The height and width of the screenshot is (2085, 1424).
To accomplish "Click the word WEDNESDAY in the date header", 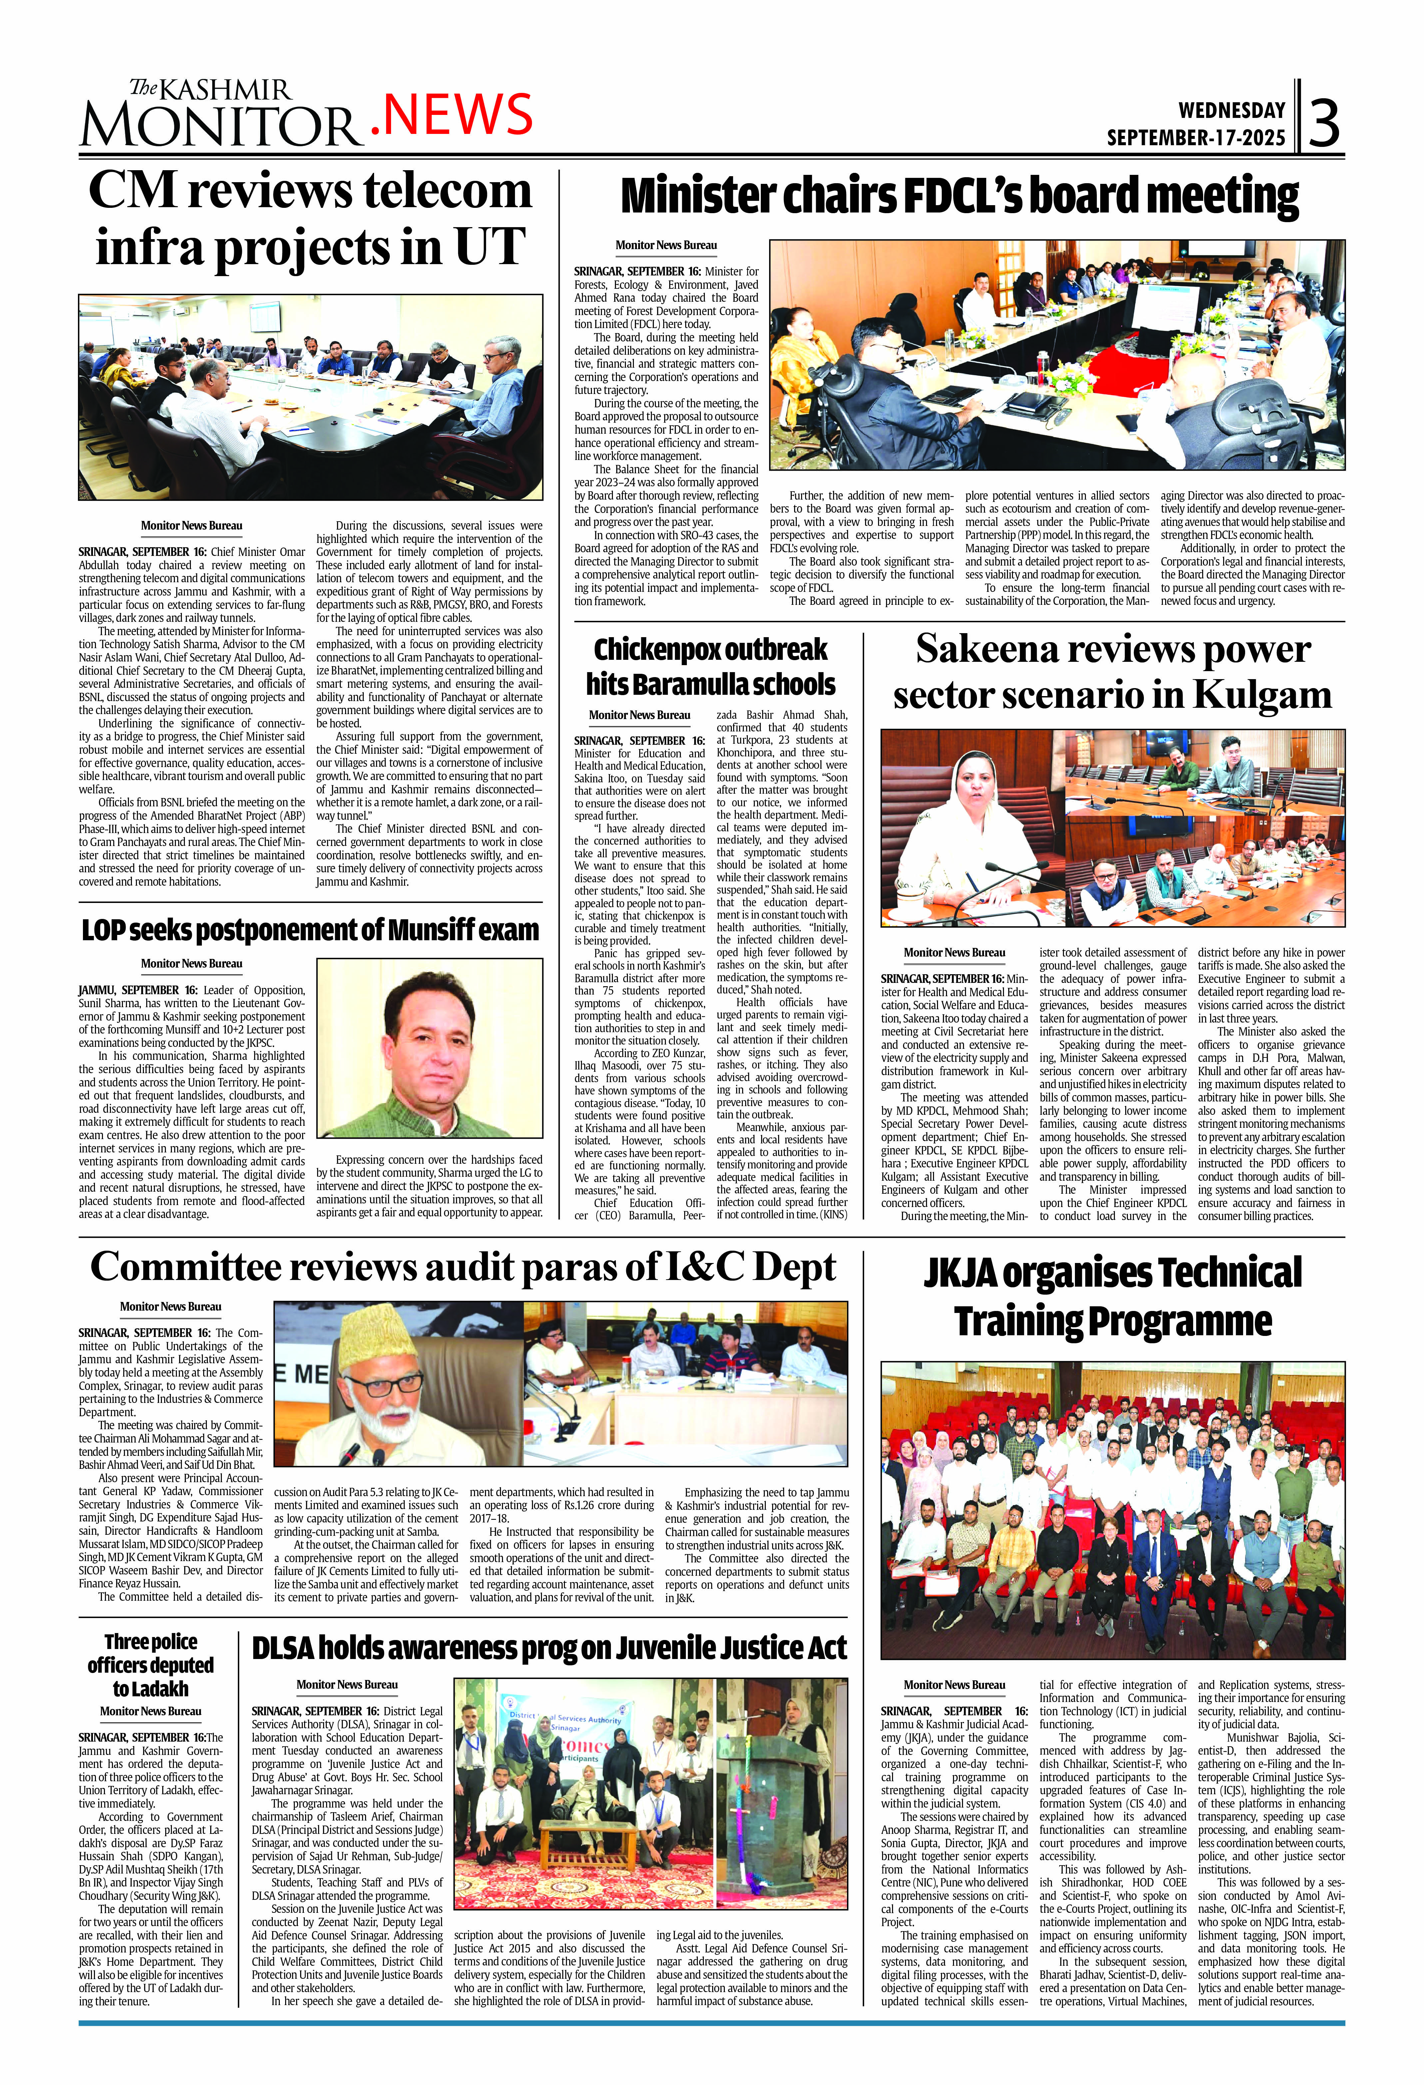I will click(x=1231, y=110).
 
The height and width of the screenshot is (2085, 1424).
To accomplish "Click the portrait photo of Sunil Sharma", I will click(x=429, y=1047).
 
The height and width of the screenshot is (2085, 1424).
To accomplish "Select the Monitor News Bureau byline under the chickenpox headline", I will click(x=639, y=715).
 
